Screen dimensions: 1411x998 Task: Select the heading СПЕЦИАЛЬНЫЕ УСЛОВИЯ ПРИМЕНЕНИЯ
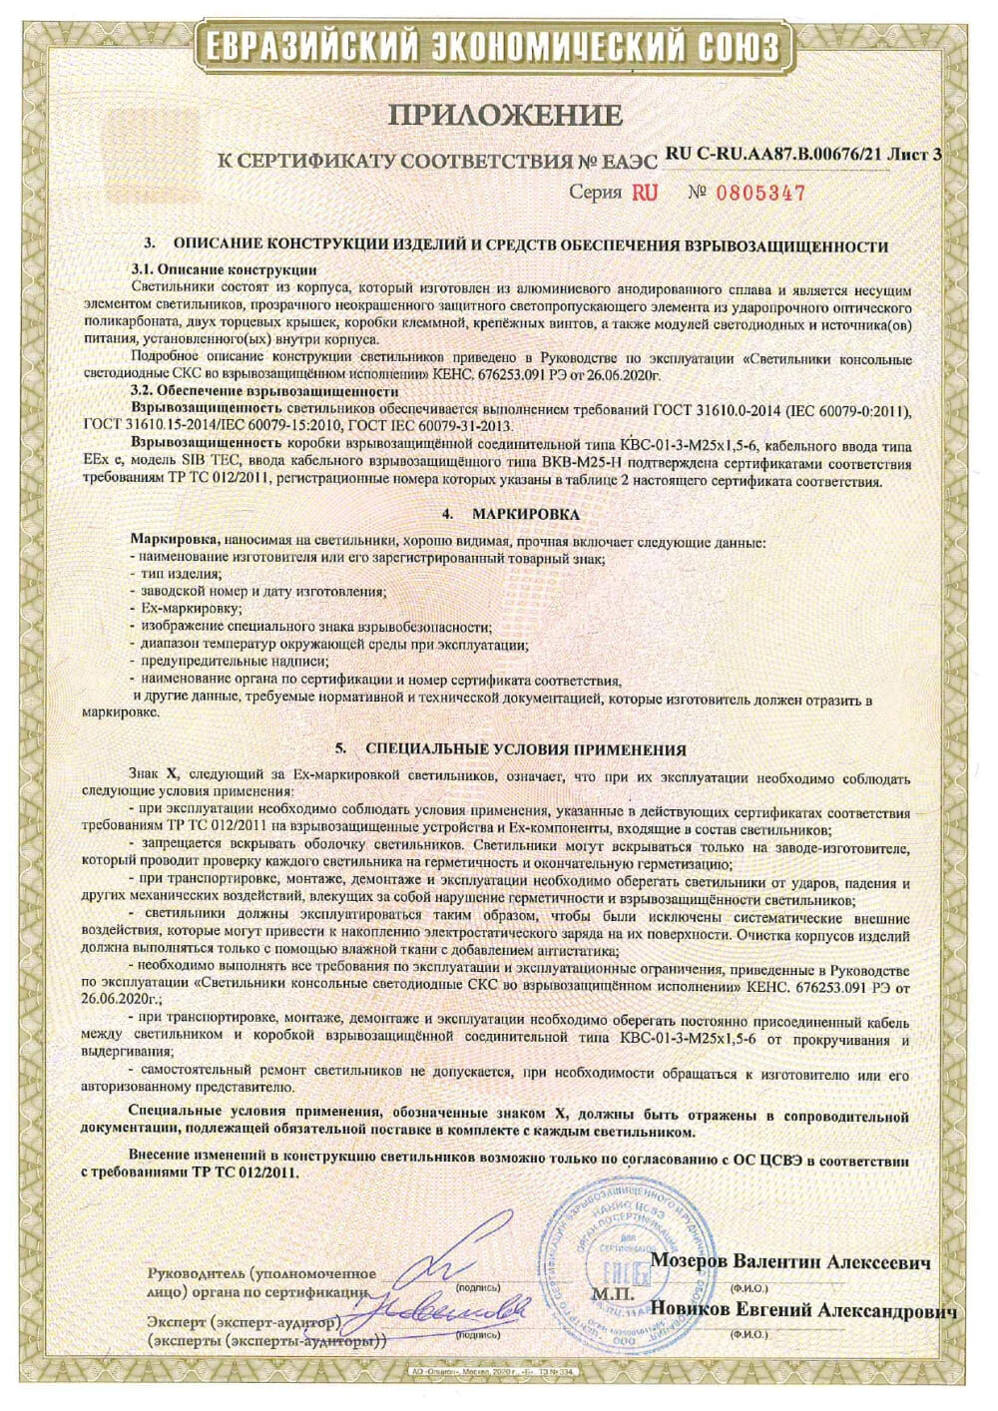coord(525,749)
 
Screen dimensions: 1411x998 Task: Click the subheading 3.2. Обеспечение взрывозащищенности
coord(264,391)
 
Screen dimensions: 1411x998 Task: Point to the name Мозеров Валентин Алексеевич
coord(790,1262)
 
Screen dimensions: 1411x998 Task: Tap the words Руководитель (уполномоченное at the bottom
coord(261,1273)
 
